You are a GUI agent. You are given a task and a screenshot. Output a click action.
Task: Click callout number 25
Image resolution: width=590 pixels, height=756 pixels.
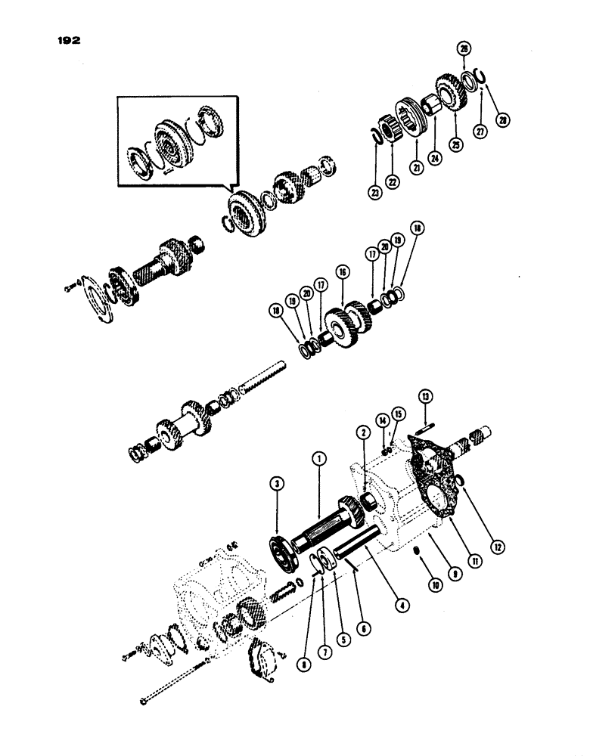tap(455, 147)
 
